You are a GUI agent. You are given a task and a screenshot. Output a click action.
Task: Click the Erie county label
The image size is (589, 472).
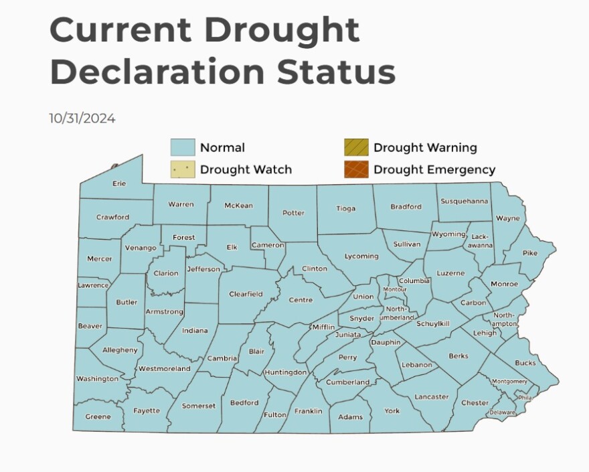pos(119,183)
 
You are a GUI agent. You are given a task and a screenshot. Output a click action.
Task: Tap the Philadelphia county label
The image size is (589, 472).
pos(525,397)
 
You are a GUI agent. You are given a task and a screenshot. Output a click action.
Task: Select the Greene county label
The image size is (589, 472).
pos(98,416)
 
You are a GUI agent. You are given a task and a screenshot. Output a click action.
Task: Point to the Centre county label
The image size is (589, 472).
pos(301,300)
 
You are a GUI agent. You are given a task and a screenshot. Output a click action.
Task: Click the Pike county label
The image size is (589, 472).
pos(529,253)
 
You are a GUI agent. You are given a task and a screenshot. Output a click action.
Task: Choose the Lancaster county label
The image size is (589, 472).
pos(431,396)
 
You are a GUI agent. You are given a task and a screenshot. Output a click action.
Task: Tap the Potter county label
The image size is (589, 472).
pos(293,213)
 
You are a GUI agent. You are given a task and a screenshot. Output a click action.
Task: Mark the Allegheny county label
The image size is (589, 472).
pos(120,349)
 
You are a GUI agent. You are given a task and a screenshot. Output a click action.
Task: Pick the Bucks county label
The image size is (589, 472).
pos(525,363)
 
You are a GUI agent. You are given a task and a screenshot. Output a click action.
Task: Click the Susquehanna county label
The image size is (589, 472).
pos(463,201)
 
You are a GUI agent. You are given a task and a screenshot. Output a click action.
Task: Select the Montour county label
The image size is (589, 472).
pos(394,289)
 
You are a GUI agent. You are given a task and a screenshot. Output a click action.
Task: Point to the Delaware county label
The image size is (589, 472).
pos(502,412)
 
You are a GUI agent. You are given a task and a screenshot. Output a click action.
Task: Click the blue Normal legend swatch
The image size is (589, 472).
pos(182,147)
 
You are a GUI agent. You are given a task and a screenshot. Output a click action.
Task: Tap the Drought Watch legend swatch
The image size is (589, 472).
pos(182,169)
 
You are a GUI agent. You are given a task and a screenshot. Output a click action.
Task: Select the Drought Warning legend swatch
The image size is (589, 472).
pos(356,147)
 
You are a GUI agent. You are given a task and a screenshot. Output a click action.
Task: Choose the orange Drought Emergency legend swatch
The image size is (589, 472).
pos(356,169)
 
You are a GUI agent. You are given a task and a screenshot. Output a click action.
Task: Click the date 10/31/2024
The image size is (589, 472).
pos(82,119)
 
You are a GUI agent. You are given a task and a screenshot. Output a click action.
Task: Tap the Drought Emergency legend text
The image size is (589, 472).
pos(434,169)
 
